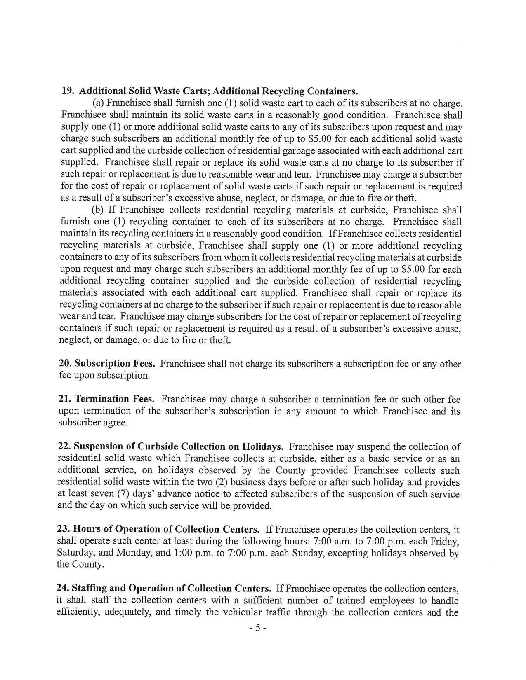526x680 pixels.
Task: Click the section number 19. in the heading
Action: click(x=67, y=91)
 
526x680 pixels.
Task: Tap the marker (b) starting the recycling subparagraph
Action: click(x=97, y=210)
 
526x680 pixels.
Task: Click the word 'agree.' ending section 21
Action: click(x=112, y=423)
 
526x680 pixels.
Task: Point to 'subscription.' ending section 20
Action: click(x=125, y=376)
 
